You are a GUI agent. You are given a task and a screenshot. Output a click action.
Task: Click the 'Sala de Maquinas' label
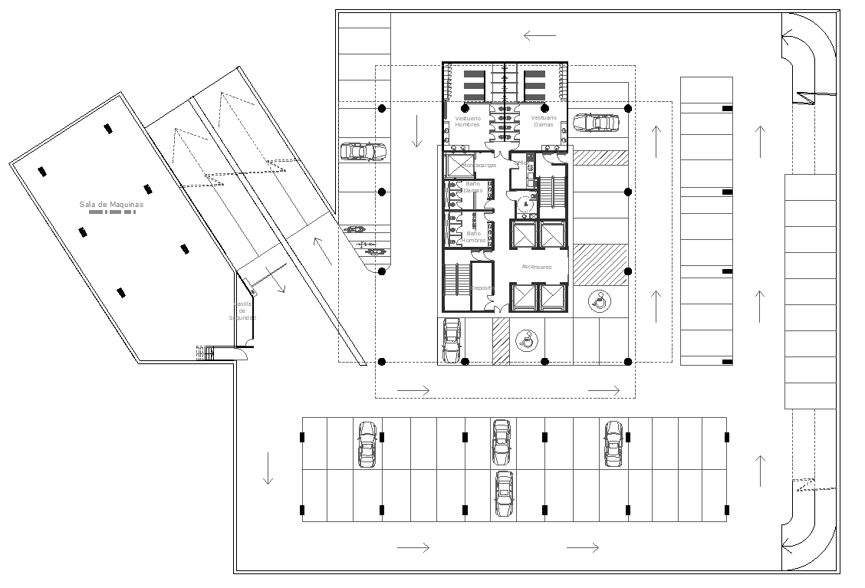[x=111, y=205]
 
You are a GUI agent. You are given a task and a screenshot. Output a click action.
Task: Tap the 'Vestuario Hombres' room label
[x=467, y=121]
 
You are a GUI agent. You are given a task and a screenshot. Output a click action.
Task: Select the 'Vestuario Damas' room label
[x=544, y=121]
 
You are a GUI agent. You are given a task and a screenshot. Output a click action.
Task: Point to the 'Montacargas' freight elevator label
[x=479, y=165]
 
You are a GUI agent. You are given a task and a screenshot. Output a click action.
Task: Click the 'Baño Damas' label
[x=472, y=186]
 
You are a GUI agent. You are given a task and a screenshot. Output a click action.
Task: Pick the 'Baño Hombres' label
[x=473, y=238]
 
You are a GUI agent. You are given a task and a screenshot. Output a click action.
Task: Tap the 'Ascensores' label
[x=537, y=267]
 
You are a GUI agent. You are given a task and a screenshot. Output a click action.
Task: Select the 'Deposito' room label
[x=482, y=288]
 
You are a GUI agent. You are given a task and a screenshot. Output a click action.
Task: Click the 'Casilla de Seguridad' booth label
[x=244, y=310]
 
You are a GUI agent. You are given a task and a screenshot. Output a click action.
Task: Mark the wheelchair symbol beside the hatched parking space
[x=600, y=301]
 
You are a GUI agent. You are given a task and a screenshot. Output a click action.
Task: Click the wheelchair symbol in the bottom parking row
[x=525, y=340]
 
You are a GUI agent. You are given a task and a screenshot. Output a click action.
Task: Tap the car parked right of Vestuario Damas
[x=595, y=123]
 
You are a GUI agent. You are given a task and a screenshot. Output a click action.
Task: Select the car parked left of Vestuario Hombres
[x=363, y=151]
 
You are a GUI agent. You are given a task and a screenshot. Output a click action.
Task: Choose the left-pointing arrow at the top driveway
[x=539, y=35]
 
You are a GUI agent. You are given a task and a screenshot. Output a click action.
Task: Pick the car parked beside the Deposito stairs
[x=451, y=340]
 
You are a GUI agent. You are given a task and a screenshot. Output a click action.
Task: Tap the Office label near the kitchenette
[x=521, y=163]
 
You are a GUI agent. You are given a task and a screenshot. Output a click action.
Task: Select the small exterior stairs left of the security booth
[x=205, y=353]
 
